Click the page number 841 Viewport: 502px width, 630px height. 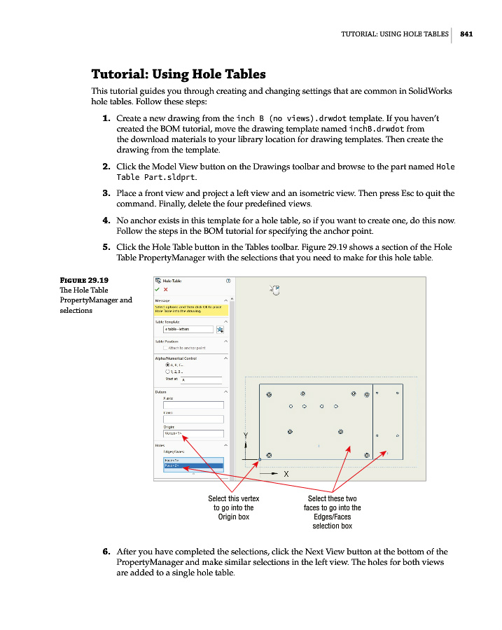(467, 34)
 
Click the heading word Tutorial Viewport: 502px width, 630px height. (119, 74)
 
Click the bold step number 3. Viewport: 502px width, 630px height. (106, 193)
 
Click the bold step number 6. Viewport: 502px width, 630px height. (106, 552)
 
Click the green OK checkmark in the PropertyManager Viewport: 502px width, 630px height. (158, 289)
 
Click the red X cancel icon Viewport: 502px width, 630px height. (165, 289)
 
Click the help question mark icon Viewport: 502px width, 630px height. (228, 281)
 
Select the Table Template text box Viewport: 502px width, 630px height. (188, 328)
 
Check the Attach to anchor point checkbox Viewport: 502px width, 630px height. (165, 347)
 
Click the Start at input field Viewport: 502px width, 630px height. (201, 379)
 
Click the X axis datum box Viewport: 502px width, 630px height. (193, 405)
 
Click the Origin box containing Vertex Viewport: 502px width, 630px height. (193, 433)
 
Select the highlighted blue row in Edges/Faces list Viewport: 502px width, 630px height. (193, 465)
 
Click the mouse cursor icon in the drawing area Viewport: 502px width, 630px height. (274, 290)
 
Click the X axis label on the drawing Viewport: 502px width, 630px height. (286, 474)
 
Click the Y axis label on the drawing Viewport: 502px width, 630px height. (245, 435)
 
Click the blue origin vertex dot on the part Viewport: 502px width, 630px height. (260, 459)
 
